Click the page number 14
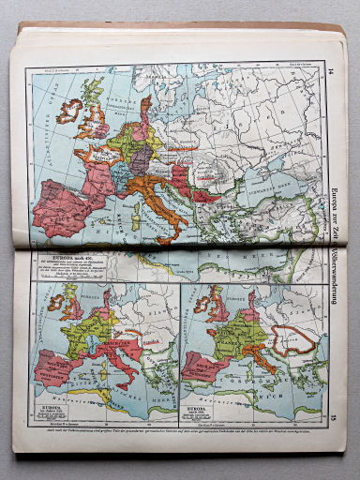point(331,69)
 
